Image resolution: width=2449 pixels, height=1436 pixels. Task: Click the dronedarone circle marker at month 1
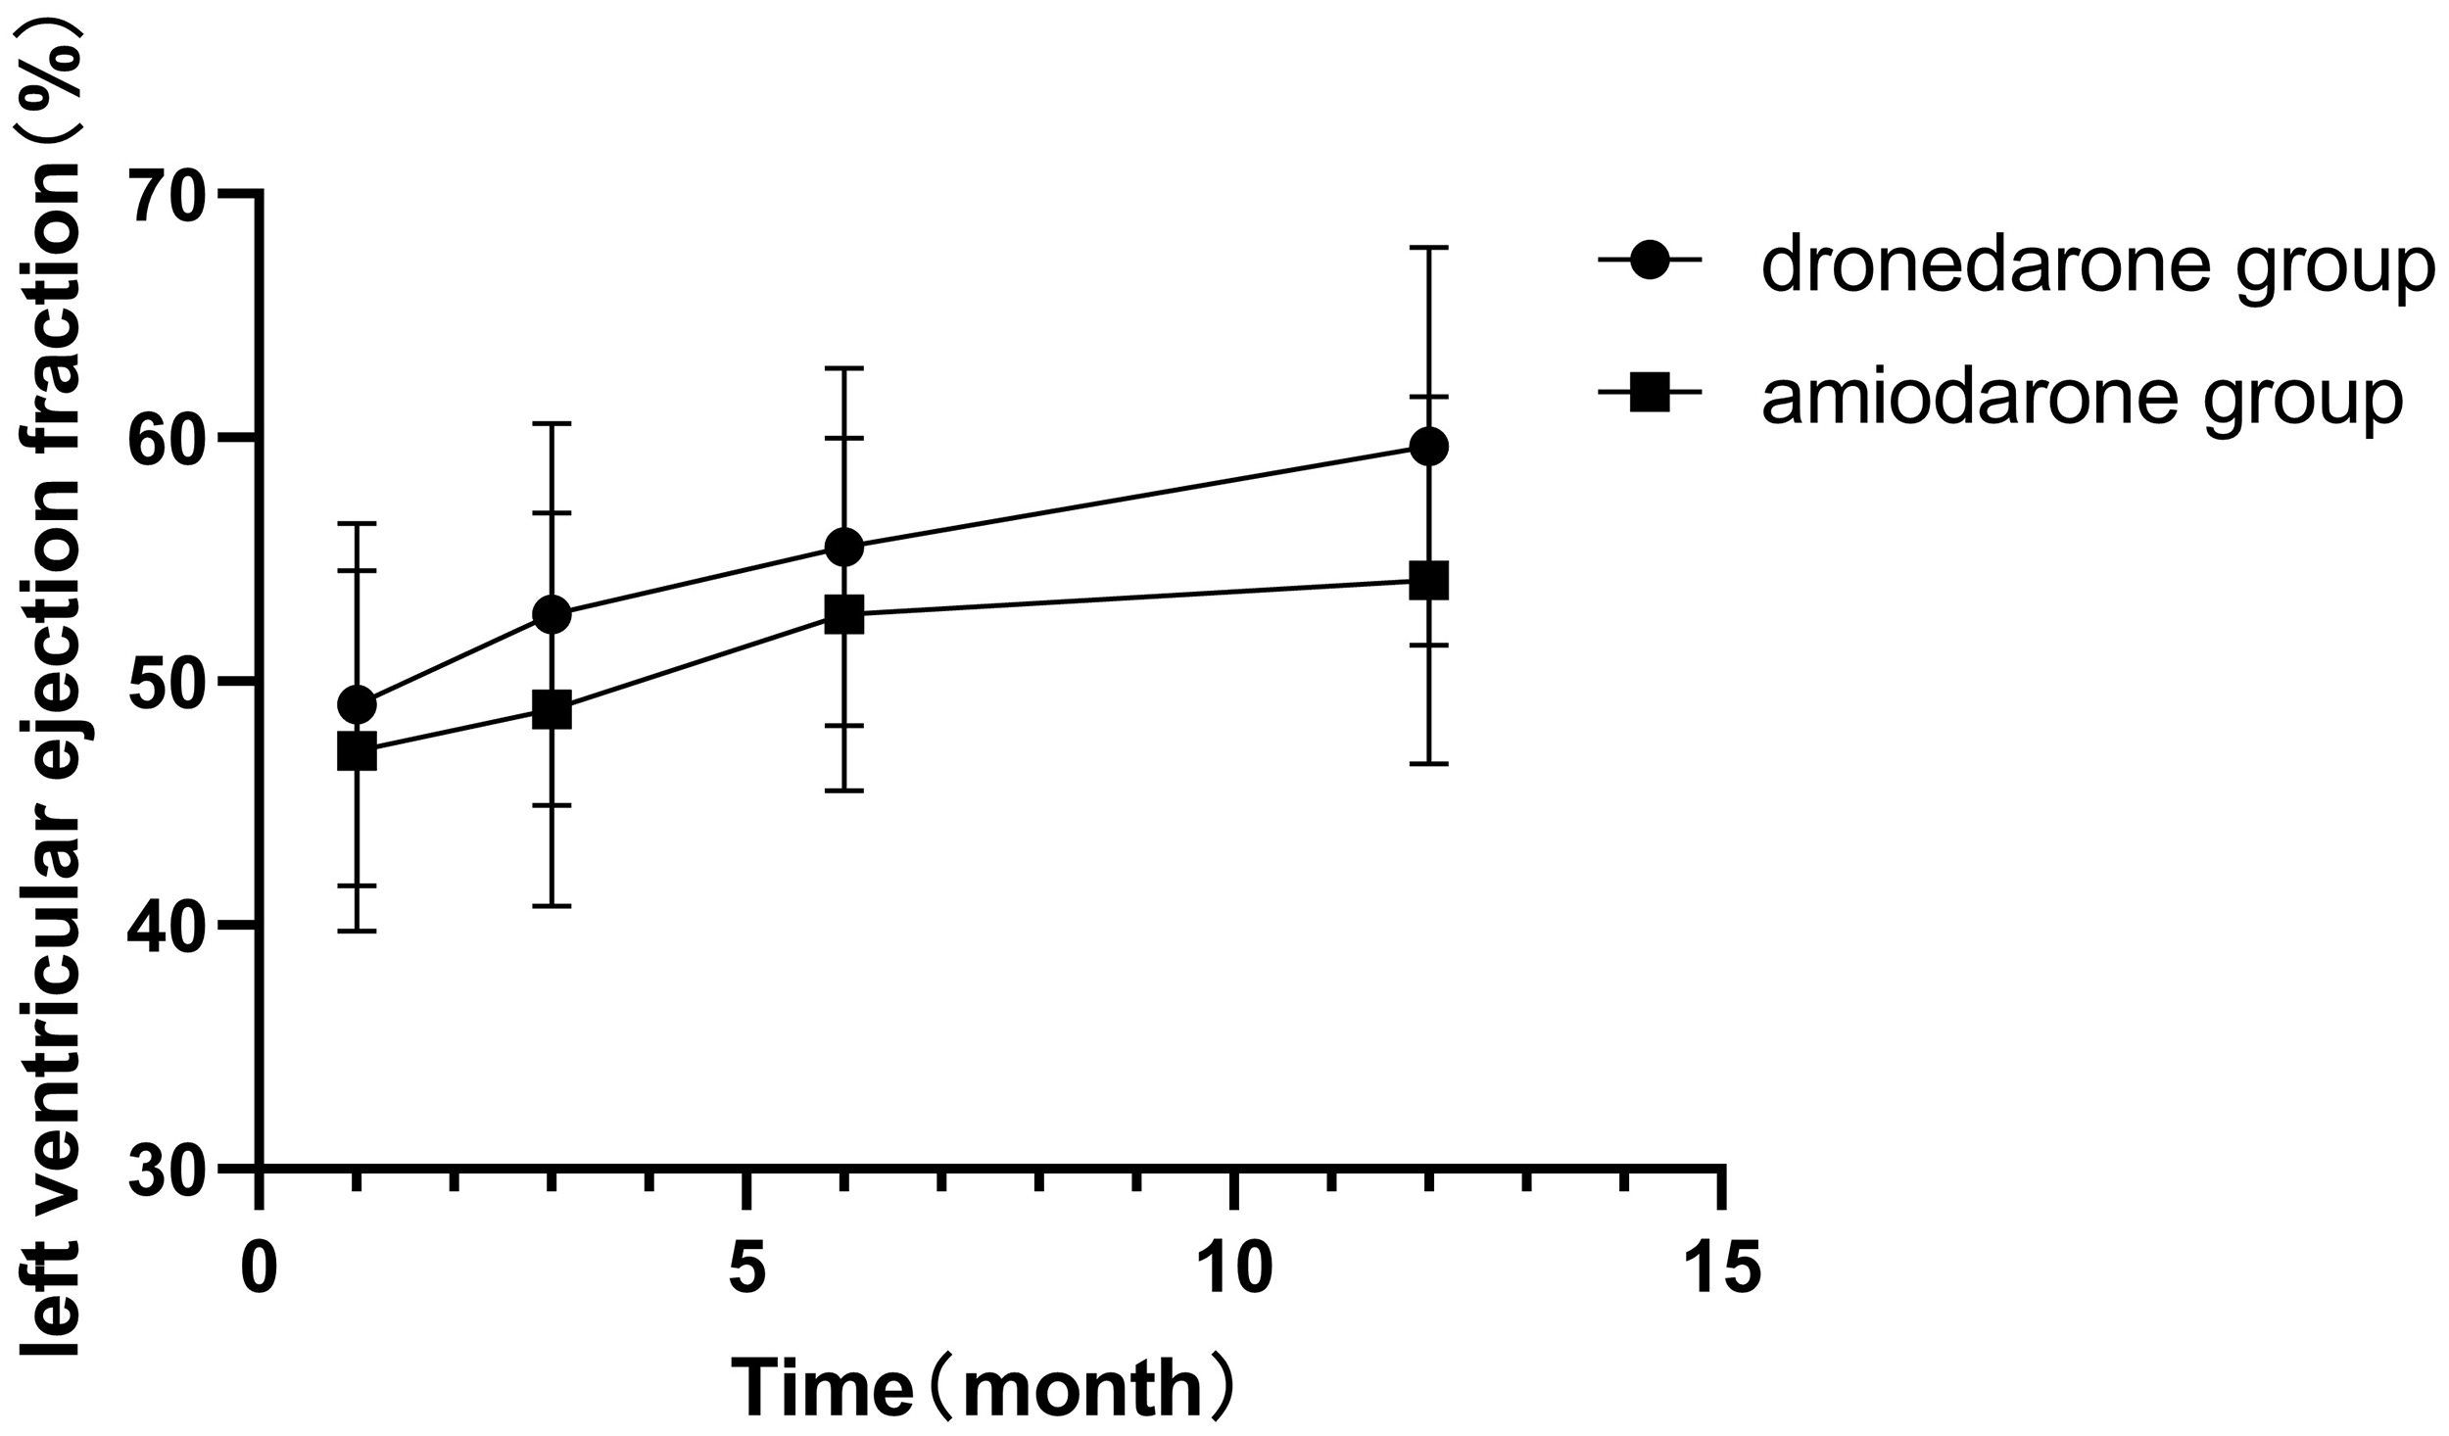click(x=356, y=704)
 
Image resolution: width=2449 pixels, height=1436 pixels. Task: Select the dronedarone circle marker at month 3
click(x=552, y=614)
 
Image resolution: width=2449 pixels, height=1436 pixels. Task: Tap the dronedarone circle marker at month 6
click(x=843, y=547)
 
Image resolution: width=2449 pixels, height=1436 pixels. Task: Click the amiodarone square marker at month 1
click(x=356, y=752)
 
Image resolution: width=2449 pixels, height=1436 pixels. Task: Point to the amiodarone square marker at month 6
click(x=843, y=614)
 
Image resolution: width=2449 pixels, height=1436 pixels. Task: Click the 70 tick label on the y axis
click(x=168, y=196)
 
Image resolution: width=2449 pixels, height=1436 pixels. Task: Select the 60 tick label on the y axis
click(x=168, y=439)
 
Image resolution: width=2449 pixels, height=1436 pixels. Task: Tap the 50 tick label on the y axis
click(x=168, y=682)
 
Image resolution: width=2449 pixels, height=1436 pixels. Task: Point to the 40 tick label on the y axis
click(x=168, y=925)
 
